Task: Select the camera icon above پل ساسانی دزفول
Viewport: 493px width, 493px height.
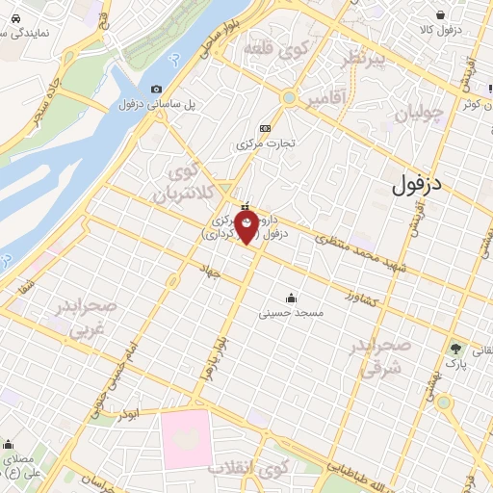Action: [x=157, y=90]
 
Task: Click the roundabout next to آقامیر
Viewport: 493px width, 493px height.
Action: [x=288, y=96]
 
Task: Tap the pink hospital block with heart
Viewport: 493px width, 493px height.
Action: [x=186, y=440]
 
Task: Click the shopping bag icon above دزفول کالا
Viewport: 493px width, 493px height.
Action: [x=440, y=15]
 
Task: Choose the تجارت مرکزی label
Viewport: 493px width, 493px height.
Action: [x=264, y=143]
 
